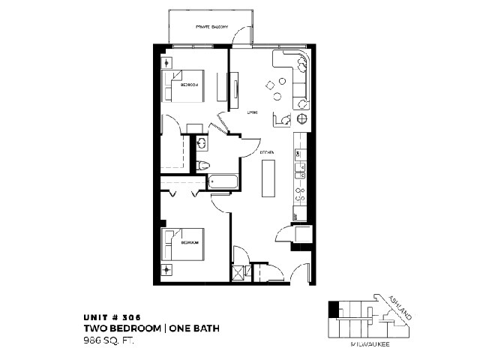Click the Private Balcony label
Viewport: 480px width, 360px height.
point(211,27)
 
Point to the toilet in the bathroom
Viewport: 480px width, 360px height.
point(202,164)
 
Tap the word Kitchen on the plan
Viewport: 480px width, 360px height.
point(266,152)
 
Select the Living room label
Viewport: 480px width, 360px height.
point(253,112)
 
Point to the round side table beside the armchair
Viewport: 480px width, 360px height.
point(302,119)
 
